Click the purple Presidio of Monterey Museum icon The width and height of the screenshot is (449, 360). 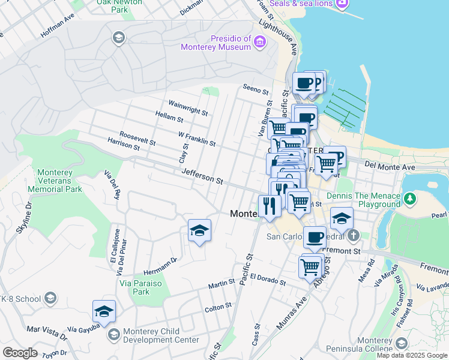pyautogui.click(x=259, y=41)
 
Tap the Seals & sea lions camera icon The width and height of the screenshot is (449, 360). pyautogui.click(x=342, y=4)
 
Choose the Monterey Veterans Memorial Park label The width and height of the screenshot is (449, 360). pyautogui.click(x=59, y=181)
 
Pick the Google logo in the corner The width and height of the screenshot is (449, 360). pyautogui.click(x=20, y=353)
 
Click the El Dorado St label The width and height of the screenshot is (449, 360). pyautogui.click(x=269, y=277)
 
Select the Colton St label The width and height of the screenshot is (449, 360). pyautogui.click(x=218, y=306)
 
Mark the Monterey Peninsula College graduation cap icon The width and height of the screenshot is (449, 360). pyautogui.click(x=401, y=344)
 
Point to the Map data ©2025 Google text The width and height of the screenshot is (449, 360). pyautogui.click(x=411, y=355)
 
